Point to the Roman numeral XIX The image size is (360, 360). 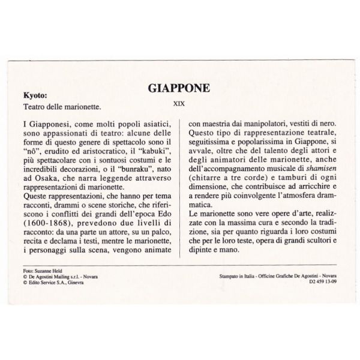(x=179, y=103)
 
